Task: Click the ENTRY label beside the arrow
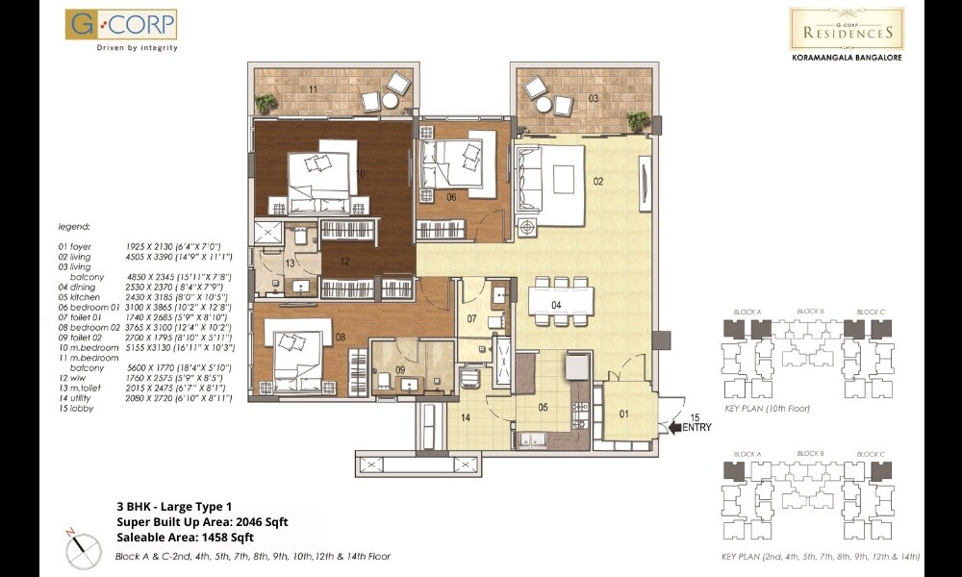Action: tap(696, 429)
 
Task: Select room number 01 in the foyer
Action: tap(622, 414)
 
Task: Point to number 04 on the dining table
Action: tap(556, 305)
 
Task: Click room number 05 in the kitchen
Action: tap(543, 407)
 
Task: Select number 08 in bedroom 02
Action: tap(341, 337)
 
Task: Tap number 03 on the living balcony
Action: tap(595, 98)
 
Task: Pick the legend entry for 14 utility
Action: tap(144, 399)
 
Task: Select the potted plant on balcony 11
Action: tap(265, 104)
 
